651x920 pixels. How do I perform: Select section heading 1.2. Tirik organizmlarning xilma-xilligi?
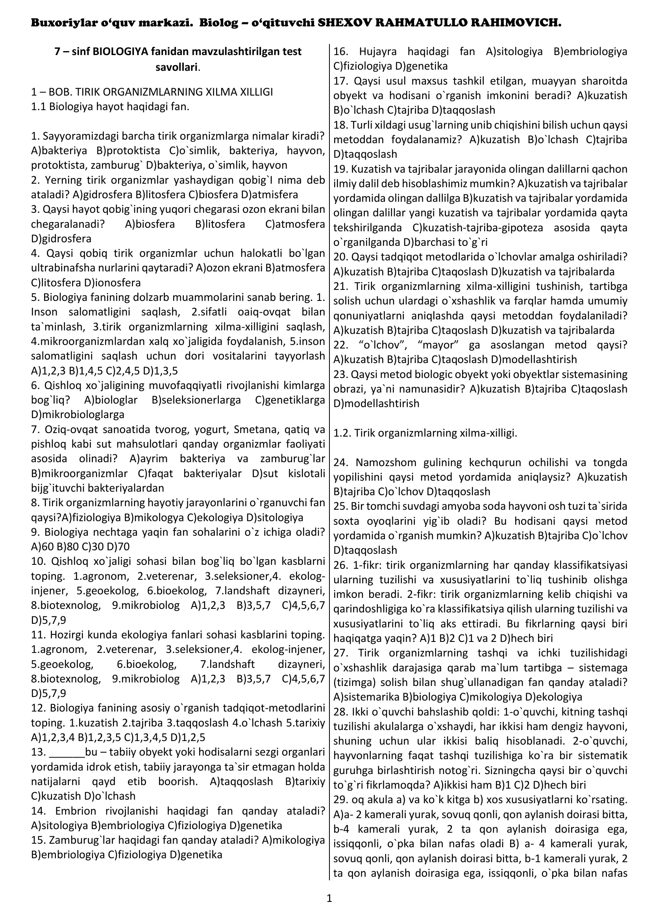pyautogui.click(x=425, y=433)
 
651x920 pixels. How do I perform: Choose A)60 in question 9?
pyautogui.click(x=41, y=547)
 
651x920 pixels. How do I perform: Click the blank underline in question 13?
pyautogui.click(x=67, y=752)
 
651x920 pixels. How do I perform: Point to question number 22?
pyautogui.click(x=340, y=345)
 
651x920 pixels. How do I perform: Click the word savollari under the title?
pyautogui.click(x=176, y=67)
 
